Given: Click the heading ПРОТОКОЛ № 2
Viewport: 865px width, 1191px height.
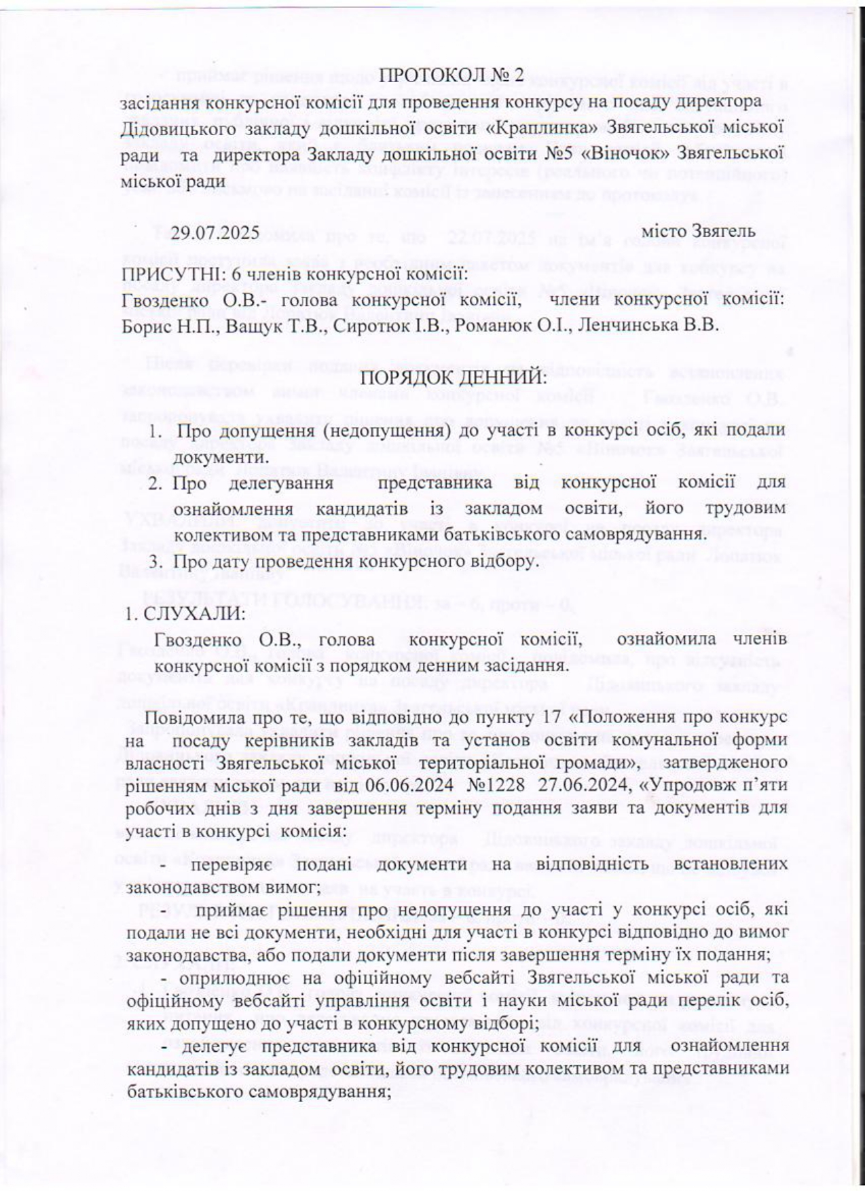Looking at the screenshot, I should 452,75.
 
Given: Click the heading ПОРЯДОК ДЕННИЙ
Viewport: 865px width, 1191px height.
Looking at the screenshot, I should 451,378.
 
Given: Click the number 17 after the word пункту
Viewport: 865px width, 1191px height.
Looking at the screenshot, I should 558,718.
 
